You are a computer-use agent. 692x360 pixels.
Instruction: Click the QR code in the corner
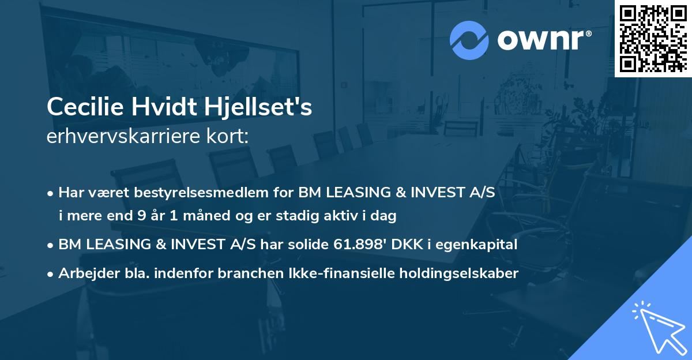coord(653,38)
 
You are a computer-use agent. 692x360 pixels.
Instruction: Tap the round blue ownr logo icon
coord(469,40)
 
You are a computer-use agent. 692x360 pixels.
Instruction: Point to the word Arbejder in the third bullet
coord(85,273)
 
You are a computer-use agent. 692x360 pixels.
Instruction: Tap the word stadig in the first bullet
coord(299,216)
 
